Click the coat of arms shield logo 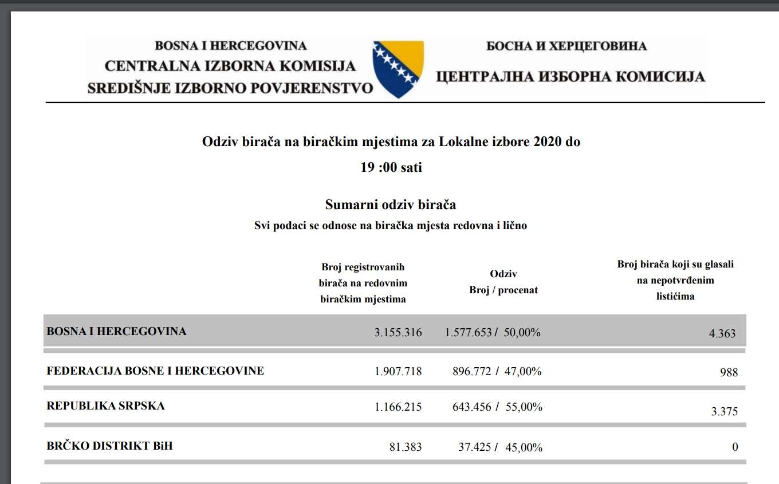[x=398, y=68]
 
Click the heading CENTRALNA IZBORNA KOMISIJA [x=230, y=66]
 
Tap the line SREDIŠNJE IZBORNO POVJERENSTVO [x=230, y=88]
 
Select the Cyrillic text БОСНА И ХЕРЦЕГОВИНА [x=566, y=46]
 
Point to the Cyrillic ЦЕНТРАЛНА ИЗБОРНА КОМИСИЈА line [x=571, y=76]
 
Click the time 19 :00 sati [x=391, y=167]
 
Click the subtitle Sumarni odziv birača [x=391, y=204]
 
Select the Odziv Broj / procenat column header [x=503, y=282]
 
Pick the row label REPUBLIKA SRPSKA [x=105, y=406]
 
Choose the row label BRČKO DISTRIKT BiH [x=109, y=446]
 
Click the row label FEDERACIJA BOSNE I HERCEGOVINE [x=155, y=371]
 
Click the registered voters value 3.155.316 [x=398, y=332]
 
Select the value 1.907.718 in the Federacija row [x=398, y=372]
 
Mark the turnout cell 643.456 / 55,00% [x=497, y=407]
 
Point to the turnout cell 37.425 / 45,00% [x=500, y=447]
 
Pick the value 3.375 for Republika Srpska [x=724, y=411]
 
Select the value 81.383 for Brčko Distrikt [x=406, y=447]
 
